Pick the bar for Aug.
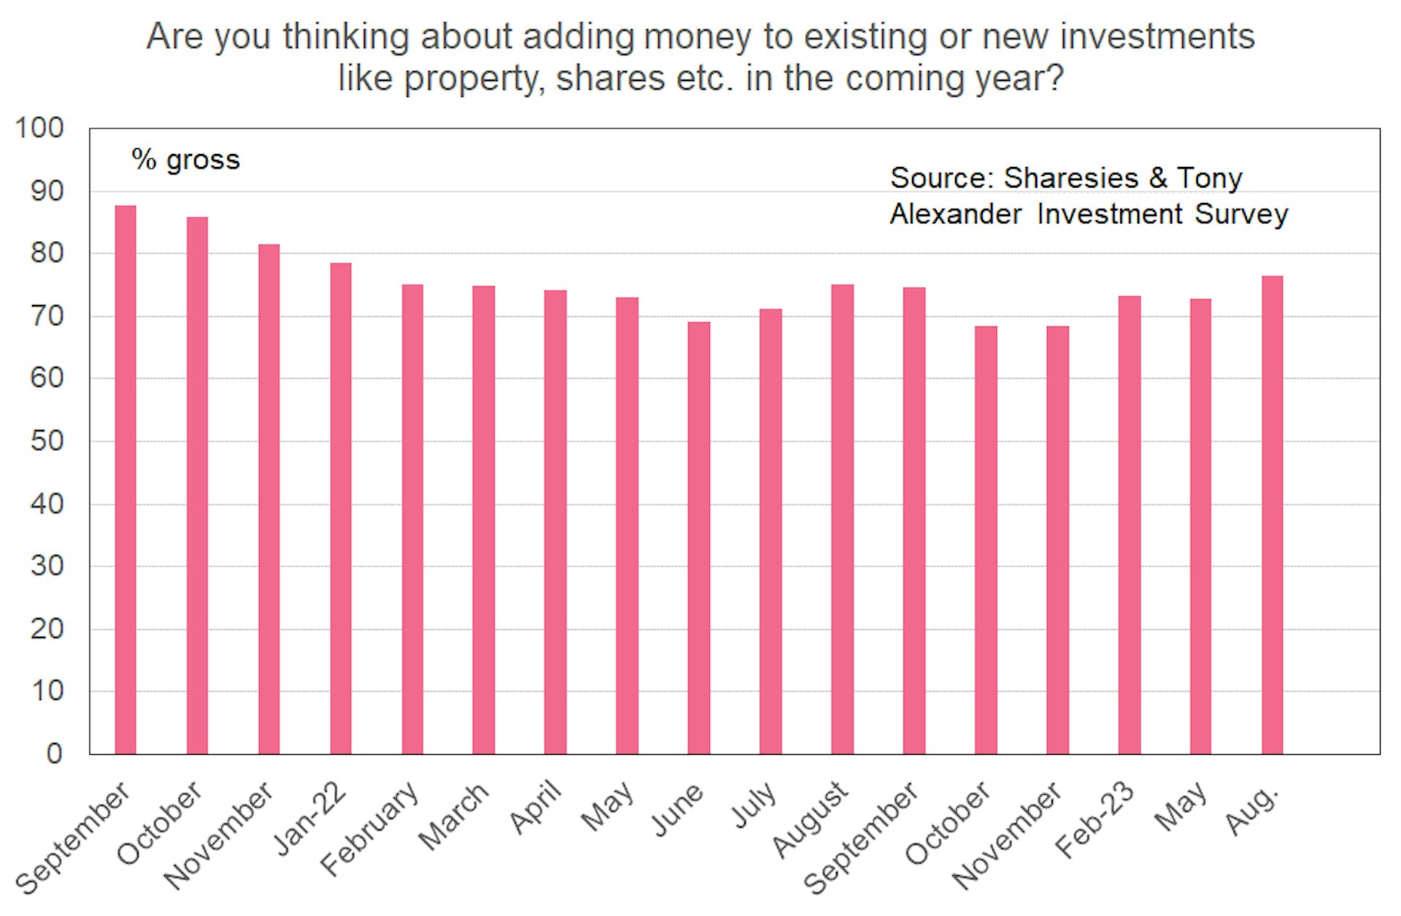pyautogui.click(x=1272, y=515)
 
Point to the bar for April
pyautogui.click(x=555, y=522)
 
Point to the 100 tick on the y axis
pyautogui.click(x=39, y=128)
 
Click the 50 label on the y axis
pyautogui.click(x=47, y=441)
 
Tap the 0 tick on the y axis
pyautogui.click(x=55, y=753)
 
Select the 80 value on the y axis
pyautogui.click(x=47, y=253)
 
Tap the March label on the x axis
pyautogui.click(x=453, y=816)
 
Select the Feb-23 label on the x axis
pyautogui.click(x=1095, y=820)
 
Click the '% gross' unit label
pyautogui.click(x=185, y=160)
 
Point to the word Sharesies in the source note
pyautogui.click(x=1070, y=178)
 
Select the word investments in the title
pyautogui.click(x=1157, y=36)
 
